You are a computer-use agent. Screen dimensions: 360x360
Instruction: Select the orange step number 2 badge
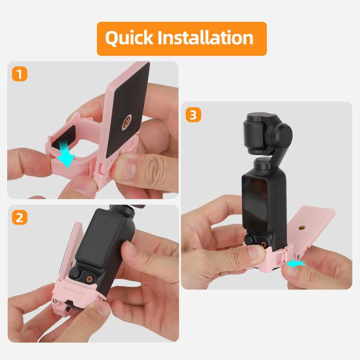pos(19,217)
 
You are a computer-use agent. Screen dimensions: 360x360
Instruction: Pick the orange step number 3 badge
pos(193,115)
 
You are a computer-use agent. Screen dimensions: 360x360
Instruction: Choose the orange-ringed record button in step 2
pos(90,278)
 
